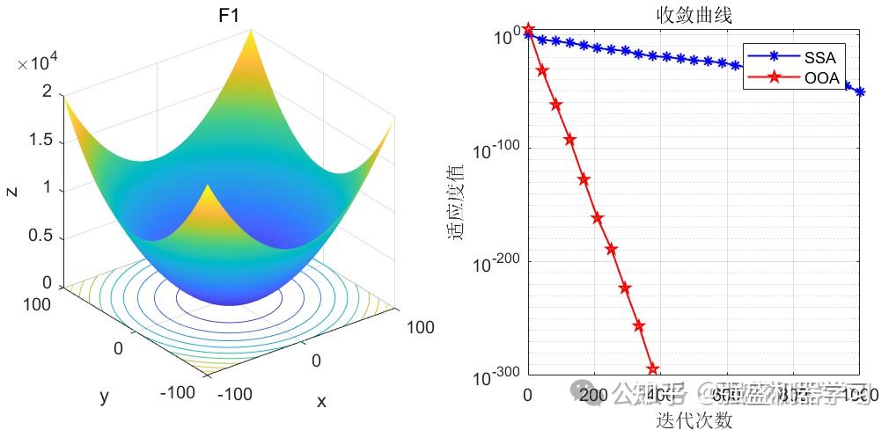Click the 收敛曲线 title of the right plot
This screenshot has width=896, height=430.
(x=694, y=16)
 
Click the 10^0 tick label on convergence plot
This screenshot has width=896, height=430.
(x=505, y=38)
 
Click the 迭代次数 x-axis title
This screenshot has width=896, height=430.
(x=694, y=420)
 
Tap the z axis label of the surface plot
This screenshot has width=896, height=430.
(x=12, y=189)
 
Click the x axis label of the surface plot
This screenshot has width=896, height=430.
(x=321, y=402)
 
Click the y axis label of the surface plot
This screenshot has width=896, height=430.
(x=104, y=397)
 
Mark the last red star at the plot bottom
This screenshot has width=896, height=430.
(x=653, y=369)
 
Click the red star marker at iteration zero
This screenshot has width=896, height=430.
(x=528, y=30)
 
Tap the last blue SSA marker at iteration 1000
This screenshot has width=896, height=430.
(x=860, y=91)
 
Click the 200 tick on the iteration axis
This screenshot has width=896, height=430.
(x=594, y=396)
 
